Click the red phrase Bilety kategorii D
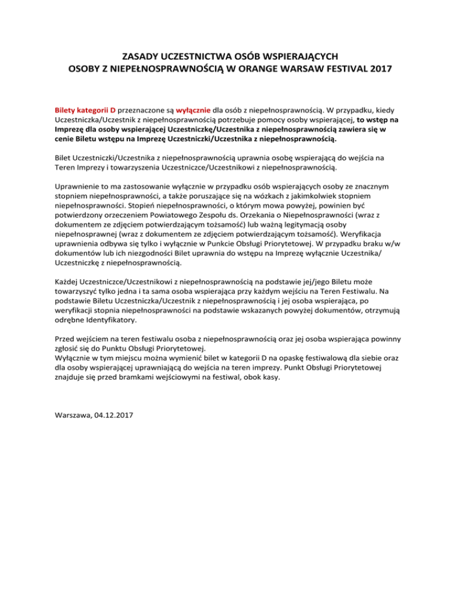tap(85, 111)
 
